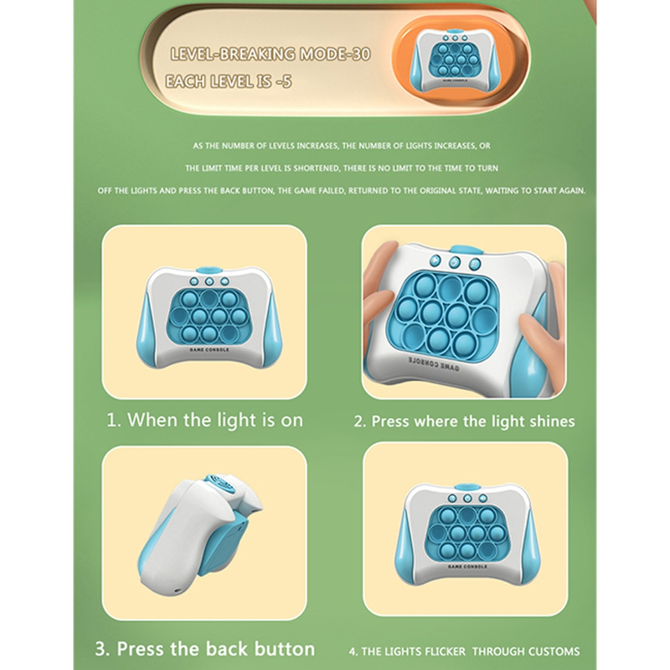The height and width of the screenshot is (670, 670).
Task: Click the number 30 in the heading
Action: coord(360,54)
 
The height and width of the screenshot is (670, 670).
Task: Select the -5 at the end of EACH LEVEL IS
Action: coord(284,81)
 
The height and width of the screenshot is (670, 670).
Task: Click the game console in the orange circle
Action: coord(455,59)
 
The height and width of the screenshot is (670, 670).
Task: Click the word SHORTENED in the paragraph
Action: coord(317,168)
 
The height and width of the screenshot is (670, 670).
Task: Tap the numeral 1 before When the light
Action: coord(113,420)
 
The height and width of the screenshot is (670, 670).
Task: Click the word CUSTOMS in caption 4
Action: coord(554,652)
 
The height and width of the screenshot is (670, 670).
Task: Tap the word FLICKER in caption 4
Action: coord(446,652)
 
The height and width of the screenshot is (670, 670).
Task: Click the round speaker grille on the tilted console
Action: coord(220,484)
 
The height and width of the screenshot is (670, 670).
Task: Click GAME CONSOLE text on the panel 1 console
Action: coord(209,349)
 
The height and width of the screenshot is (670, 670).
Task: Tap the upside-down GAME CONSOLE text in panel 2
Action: coord(433,363)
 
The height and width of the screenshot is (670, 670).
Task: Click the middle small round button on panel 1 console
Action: coord(209,281)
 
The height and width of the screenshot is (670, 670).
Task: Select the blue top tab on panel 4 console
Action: coord(467,487)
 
